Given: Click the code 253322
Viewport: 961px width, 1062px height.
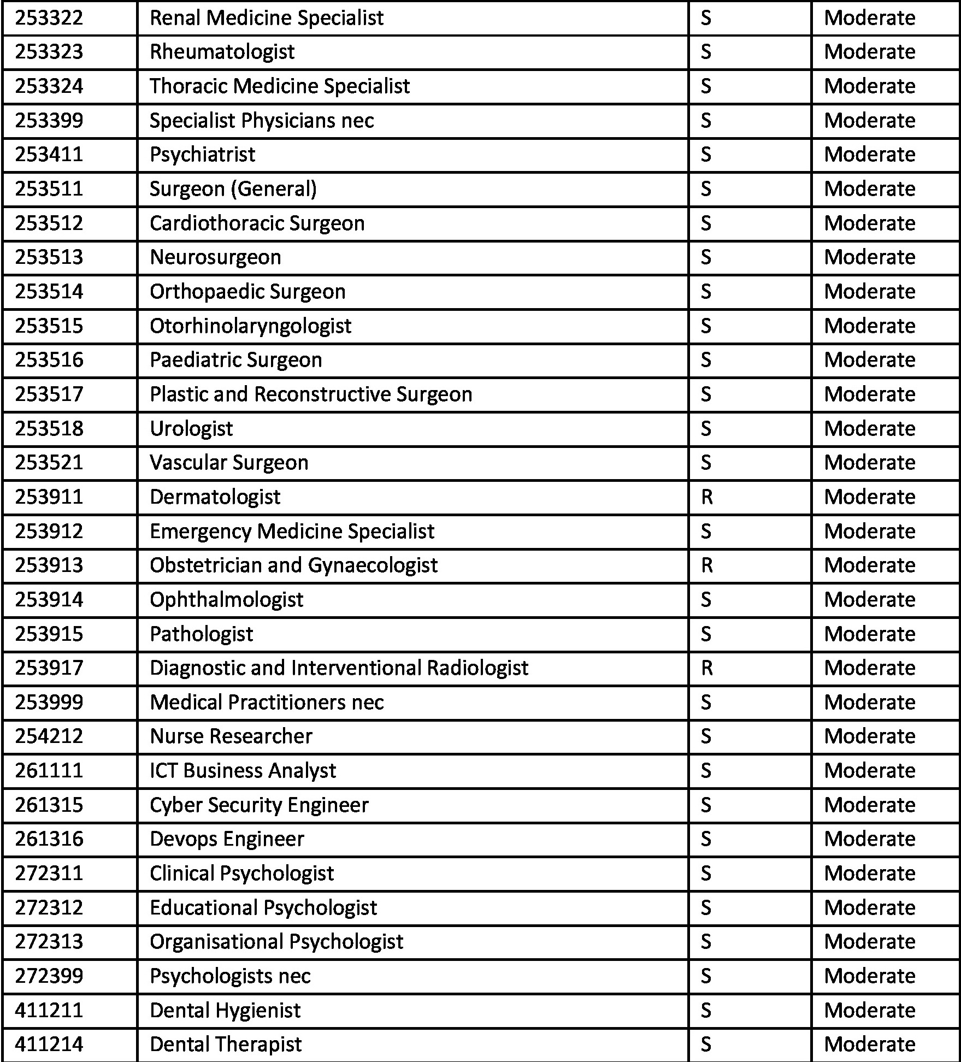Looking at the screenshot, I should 49,18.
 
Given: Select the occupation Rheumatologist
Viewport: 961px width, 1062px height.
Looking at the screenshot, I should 222,52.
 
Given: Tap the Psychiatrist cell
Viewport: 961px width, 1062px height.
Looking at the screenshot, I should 202,155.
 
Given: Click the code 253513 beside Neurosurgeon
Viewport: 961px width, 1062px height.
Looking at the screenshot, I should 49,257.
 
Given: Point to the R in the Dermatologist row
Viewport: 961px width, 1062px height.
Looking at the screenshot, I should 706,497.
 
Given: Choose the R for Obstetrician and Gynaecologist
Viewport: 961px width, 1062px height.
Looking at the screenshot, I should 706,565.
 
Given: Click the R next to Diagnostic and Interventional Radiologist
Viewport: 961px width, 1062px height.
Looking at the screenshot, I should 706,668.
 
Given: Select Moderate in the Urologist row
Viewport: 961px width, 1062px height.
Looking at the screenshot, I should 869,429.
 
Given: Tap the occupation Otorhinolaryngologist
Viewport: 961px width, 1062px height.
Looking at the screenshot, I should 250,326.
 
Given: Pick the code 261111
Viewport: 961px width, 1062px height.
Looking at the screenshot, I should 49,771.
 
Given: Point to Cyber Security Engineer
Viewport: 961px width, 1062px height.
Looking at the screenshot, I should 259,805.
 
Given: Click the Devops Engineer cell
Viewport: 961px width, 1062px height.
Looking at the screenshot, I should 227,839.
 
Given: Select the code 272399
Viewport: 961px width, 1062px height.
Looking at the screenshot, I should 49,976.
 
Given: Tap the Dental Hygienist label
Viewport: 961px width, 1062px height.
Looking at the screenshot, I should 225,1011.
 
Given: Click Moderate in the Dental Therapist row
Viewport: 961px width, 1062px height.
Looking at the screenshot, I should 869,1045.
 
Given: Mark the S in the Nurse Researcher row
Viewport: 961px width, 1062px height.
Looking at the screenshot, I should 706,736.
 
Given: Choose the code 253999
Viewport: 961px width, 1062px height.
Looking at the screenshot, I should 49,703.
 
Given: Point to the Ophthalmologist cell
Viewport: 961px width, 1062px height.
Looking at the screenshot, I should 226,600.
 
